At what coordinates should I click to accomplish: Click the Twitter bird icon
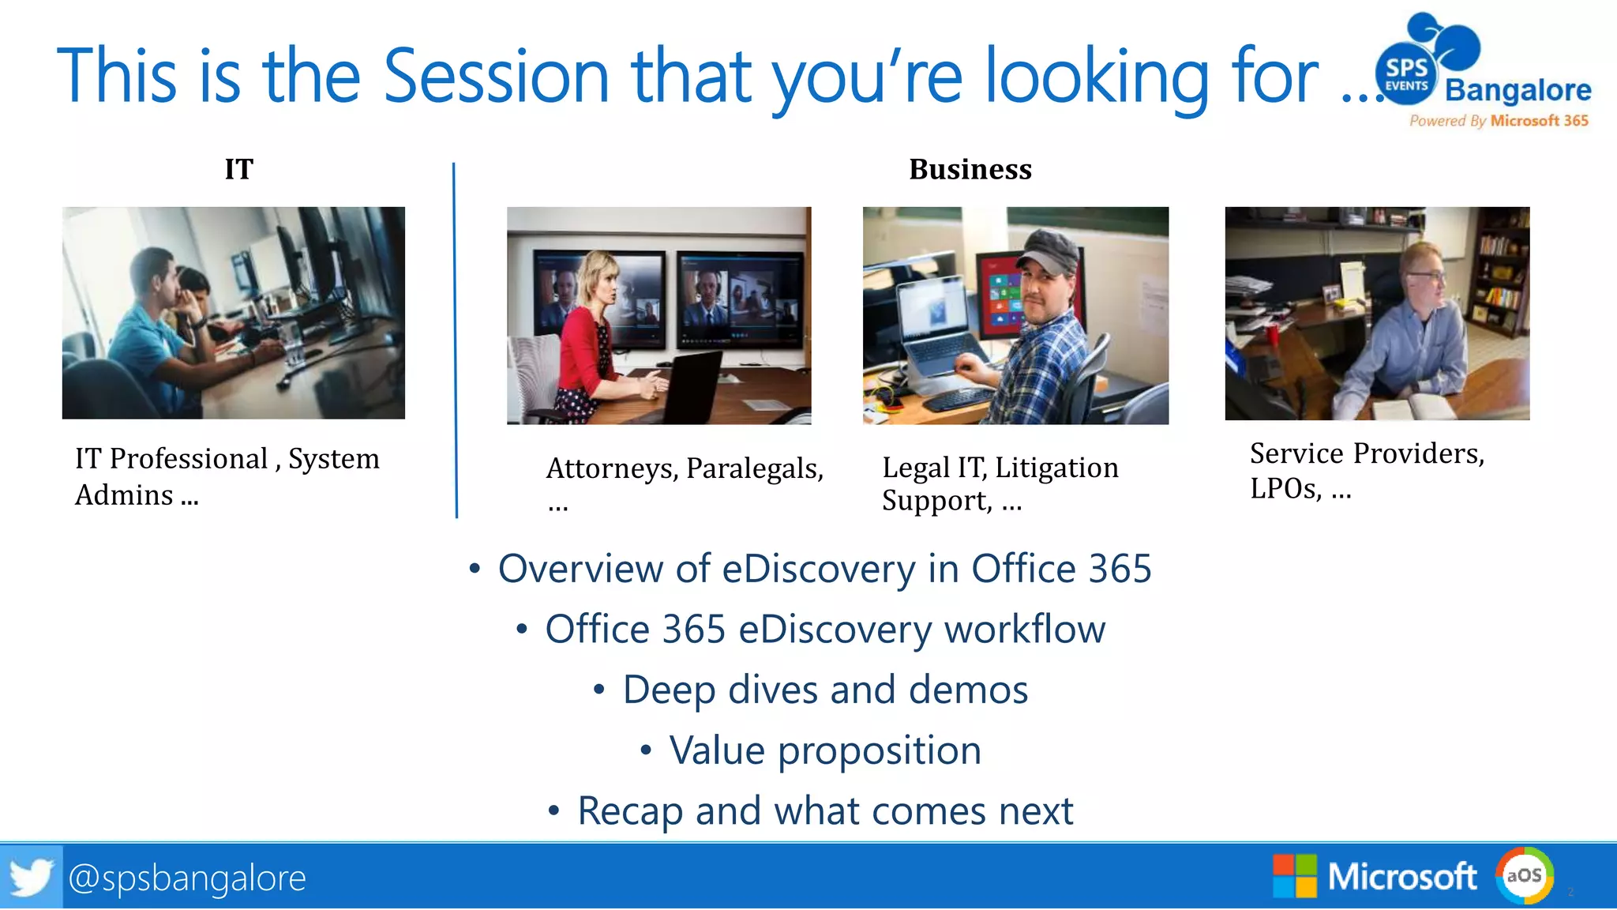point(31,877)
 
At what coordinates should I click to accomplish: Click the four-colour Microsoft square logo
point(1294,876)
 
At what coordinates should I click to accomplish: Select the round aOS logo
point(1524,875)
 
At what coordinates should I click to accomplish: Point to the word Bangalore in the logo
point(1518,90)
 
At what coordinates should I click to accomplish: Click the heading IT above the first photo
point(238,169)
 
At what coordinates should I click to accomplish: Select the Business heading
point(970,169)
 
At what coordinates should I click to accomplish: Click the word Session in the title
point(496,77)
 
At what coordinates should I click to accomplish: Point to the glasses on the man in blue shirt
point(1428,276)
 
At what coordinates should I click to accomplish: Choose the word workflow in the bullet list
point(1024,630)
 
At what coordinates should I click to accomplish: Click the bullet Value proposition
point(824,750)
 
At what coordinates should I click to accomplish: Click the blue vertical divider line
point(455,340)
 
